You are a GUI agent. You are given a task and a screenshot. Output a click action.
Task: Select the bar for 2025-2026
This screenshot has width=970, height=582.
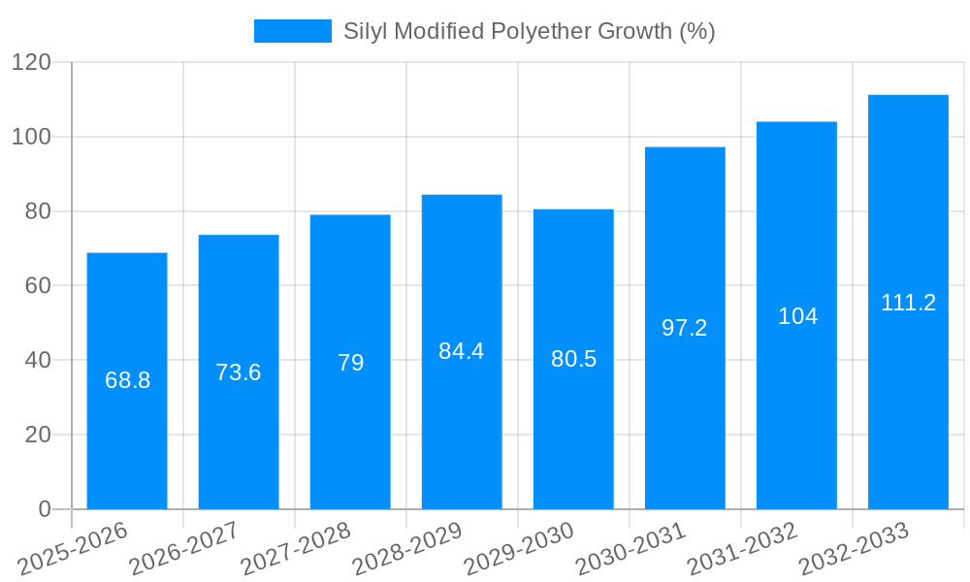[127, 380]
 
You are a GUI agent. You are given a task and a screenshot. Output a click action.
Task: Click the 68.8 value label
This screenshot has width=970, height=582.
[127, 380]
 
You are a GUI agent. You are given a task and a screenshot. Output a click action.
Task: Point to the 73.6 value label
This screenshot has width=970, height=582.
[239, 372]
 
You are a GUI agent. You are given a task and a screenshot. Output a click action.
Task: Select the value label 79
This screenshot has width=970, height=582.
[350, 363]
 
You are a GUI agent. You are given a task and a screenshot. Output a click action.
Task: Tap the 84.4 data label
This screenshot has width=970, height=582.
[462, 351]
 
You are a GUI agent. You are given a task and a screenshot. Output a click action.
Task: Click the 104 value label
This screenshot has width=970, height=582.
[797, 316]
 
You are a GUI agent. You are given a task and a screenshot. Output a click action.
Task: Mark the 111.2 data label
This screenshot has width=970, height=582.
[908, 303]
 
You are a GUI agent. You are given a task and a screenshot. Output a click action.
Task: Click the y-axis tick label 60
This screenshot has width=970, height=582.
[38, 286]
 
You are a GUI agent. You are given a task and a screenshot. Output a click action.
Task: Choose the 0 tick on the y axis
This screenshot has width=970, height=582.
[45, 509]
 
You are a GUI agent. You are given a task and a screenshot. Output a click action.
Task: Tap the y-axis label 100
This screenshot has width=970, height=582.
[31, 137]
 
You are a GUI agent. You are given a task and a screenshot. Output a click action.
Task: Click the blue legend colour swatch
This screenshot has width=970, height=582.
[292, 31]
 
